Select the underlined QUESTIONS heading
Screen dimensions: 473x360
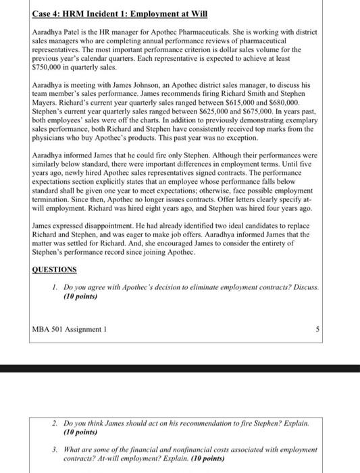coord(54,270)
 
